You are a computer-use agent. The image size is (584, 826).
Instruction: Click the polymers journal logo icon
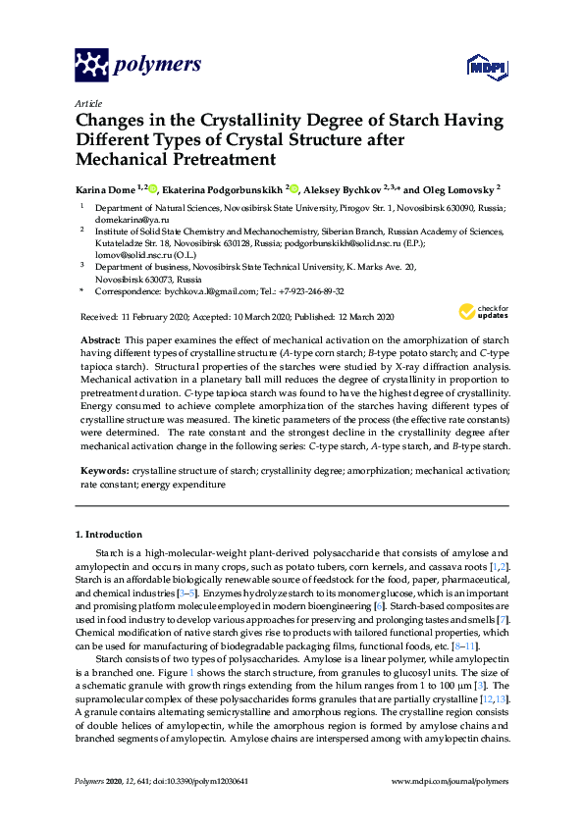pos(91,66)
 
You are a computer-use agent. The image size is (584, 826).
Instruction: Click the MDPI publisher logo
pos(487,68)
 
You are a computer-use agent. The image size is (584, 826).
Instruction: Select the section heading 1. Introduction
pos(108,535)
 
